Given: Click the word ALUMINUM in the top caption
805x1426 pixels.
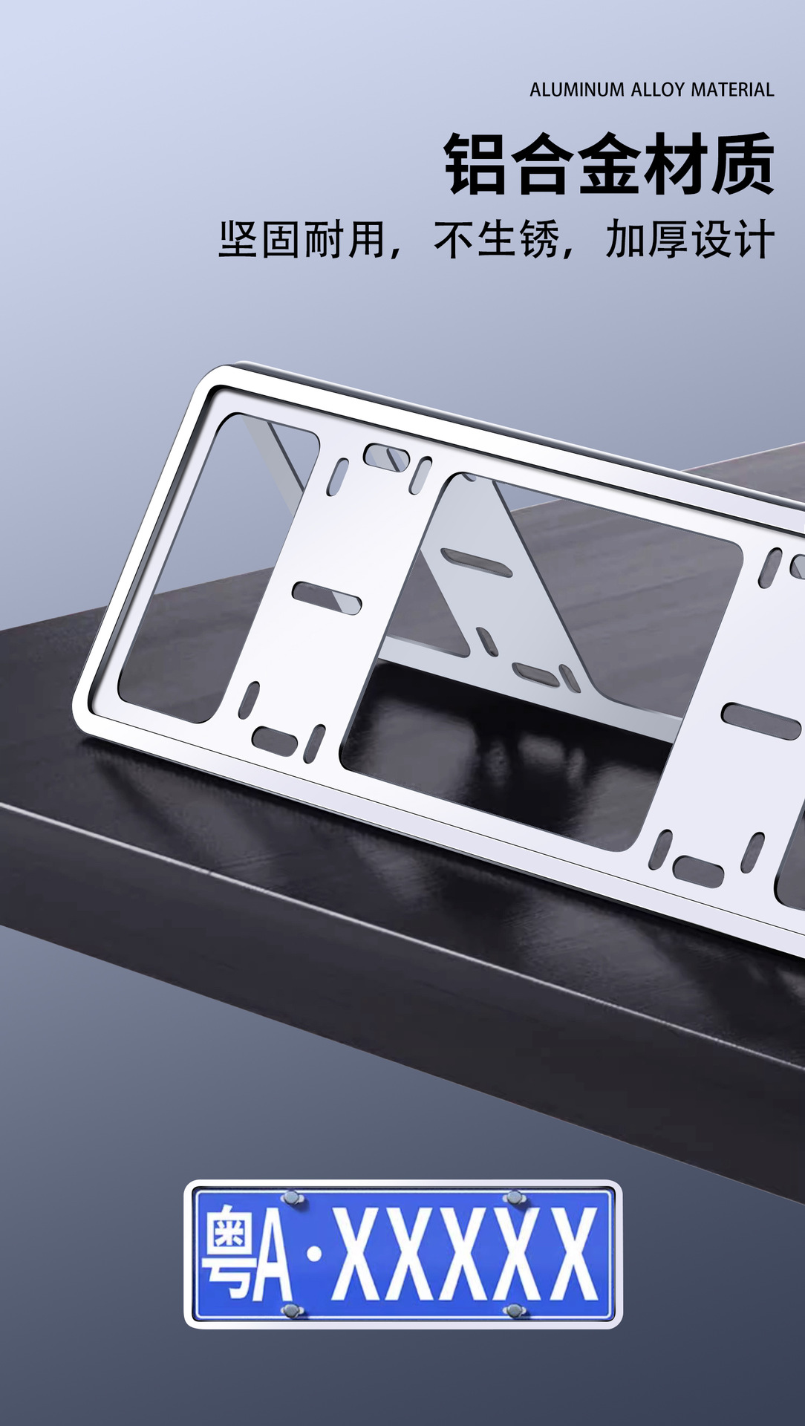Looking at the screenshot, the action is pyautogui.click(x=577, y=90).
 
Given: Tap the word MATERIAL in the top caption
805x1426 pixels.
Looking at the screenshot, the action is pyautogui.click(x=732, y=90).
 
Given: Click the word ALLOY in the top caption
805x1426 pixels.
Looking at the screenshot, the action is pyautogui.click(x=658, y=90).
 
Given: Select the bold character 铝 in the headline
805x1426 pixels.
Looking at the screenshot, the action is pyautogui.click(x=477, y=164).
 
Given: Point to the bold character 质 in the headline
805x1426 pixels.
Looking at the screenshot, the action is pyautogui.click(x=743, y=164).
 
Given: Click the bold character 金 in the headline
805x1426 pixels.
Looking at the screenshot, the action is pyautogui.click(x=610, y=164).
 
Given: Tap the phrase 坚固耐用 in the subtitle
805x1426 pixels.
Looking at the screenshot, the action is pyautogui.click(x=302, y=239).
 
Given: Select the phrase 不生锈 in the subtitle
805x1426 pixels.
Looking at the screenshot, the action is pyautogui.click(x=497, y=239).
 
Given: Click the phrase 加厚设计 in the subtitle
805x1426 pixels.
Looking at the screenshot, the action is pyautogui.click(x=691, y=239).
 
